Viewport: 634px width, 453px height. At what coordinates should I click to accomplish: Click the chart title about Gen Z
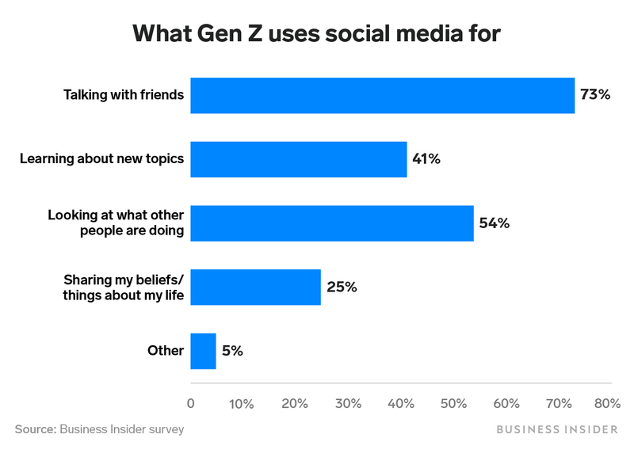[317, 33]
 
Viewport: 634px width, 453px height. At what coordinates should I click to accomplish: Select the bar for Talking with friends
[382, 95]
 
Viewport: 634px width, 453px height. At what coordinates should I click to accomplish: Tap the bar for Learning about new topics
[298, 159]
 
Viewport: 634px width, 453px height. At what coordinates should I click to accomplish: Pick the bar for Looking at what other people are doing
[331, 223]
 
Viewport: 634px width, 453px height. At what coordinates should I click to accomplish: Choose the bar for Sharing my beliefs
[255, 287]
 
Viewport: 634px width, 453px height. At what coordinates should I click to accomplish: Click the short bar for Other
[203, 351]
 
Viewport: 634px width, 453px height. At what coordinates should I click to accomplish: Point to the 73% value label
[594, 95]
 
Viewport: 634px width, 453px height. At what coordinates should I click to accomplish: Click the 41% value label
[426, 159]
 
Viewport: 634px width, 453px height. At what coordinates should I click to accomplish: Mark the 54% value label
[494, 223]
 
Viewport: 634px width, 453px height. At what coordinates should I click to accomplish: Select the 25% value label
[341, 287]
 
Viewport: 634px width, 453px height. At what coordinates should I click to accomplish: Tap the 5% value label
[232, 351]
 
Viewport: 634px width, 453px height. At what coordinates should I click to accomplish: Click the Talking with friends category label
[124, 95]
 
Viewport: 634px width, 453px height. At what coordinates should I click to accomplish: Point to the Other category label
[165, 351]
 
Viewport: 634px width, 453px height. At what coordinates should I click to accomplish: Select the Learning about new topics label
[101, 159]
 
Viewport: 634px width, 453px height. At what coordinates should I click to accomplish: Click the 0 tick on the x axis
[190, 404]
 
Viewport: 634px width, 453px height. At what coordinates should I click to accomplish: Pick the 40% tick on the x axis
[400, 404]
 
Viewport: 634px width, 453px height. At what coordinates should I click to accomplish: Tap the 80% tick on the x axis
[607, 404]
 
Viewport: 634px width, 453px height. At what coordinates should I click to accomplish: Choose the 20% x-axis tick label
[295, 404]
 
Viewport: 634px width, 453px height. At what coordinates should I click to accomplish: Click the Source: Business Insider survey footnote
[99, 429]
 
